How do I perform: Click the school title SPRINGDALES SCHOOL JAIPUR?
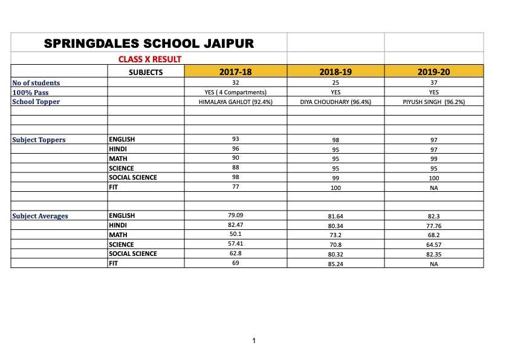(149, 44)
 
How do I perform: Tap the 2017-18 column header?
(235, 72)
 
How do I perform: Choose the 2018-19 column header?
(335, 72)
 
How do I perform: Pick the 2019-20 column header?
(433, 72)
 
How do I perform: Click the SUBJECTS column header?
(146, 72)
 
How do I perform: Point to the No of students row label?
(36, 83)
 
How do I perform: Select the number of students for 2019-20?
(433, 83)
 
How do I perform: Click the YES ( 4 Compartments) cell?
(236, 93)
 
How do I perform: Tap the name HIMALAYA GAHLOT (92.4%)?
(236, 102)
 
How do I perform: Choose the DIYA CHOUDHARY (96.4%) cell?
(335, 102)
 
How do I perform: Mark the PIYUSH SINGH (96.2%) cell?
(433, 102)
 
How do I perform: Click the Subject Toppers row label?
(39, 140)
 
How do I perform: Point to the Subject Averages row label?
(40, 216)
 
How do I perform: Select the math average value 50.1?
(236, 234)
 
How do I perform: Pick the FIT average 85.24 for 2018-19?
(335, 264)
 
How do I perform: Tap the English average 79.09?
(236, 215)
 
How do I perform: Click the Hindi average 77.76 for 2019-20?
(433, 226)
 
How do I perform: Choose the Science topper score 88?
(236, 168)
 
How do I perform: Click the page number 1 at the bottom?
(254, 341)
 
